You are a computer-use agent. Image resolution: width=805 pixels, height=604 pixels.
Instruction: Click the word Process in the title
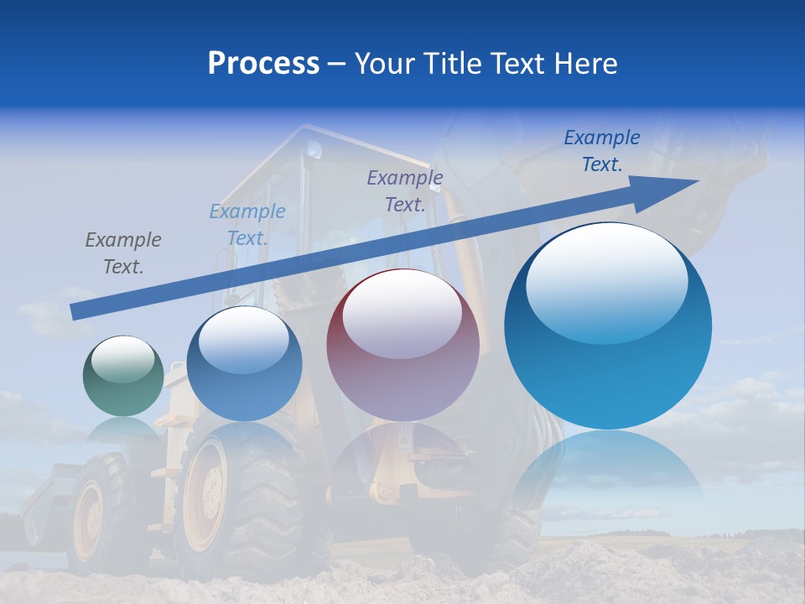point(263,64)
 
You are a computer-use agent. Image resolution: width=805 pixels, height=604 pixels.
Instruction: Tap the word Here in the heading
point(586,64)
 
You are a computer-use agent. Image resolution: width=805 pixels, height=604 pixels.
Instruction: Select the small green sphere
point(123,376)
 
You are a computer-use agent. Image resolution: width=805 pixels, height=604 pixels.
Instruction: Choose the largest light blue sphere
point(608,327)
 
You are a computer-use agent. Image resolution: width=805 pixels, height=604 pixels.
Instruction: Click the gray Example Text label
point(123,253)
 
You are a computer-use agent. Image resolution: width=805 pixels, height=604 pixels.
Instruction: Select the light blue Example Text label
point(247,224)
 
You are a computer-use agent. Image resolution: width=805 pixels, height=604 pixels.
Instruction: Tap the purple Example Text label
point(405,190)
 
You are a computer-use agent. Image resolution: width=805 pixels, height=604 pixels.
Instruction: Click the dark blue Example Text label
point(602,151)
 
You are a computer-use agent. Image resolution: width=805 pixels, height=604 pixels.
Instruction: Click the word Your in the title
point(385,64)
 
